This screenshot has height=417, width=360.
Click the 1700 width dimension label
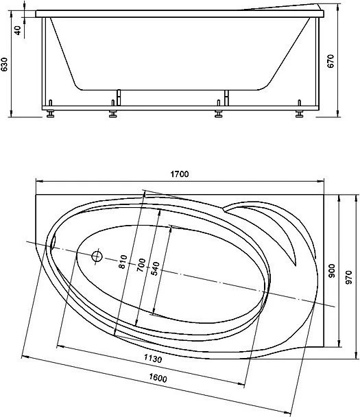tap(180, 174)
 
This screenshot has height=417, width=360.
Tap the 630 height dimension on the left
tap(4, 64)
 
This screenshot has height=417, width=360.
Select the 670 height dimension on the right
tap(331, 61)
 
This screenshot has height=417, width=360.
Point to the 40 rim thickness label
tap(18, 30)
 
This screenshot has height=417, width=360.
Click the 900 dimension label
tap(332, 271)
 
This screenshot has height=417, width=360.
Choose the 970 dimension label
tap(348, 277)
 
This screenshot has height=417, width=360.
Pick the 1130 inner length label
tap(153, 359)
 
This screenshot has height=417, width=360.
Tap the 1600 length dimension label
tap(158, 378)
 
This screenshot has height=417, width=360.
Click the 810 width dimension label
tap(123, 261)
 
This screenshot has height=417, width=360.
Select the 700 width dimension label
tap(141, 265)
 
